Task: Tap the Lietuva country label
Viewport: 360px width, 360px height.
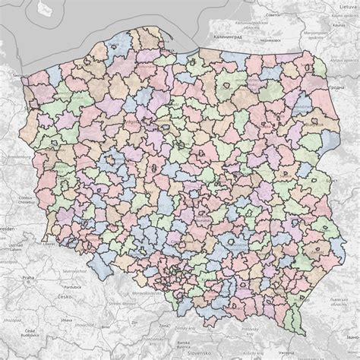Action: coord(346,6)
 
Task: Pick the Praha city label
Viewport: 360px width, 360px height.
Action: coord(29,279)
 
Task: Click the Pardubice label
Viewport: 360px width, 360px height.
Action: coord(71,287)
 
